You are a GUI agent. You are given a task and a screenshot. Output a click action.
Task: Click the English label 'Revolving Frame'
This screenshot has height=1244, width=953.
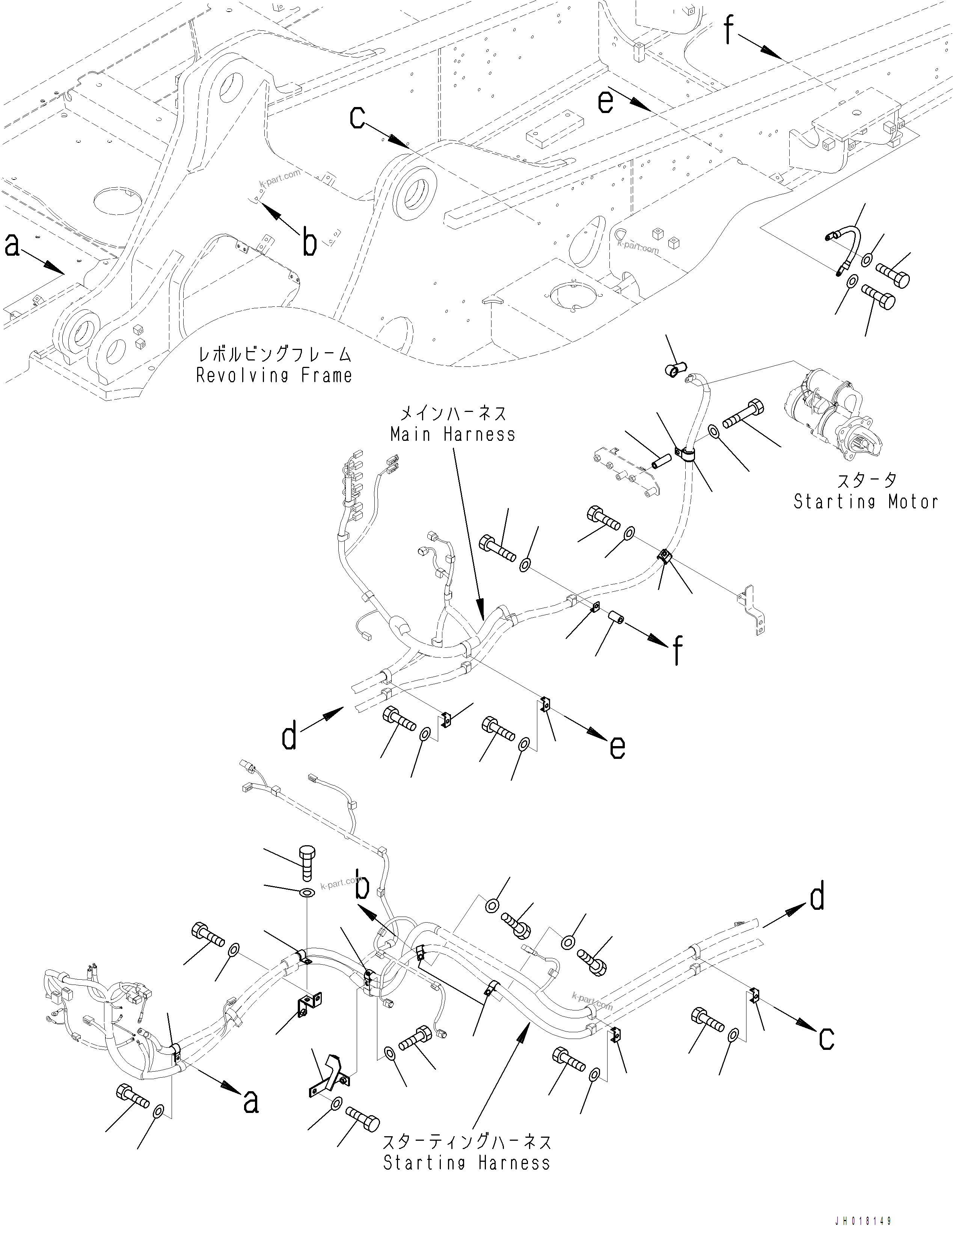click(274, 375)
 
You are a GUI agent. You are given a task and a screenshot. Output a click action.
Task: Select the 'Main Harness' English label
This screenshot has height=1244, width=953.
click(453, 434)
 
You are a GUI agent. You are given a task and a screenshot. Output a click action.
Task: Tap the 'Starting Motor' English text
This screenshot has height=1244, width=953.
click(865, 501)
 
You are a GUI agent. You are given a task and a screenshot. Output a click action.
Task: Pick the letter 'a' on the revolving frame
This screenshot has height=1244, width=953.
click(12, 245)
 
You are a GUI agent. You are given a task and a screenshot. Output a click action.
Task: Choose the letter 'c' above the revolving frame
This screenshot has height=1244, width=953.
click(357, 118)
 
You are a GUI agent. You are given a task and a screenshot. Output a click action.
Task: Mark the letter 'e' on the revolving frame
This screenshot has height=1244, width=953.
click(605, 102)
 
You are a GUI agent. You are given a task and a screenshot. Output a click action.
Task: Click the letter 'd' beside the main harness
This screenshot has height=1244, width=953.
click(289, 737)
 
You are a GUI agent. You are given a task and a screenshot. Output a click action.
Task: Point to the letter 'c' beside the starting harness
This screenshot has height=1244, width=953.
click(826, 1038)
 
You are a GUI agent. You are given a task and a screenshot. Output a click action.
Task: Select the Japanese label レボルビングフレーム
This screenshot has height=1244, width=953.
click(274, 355)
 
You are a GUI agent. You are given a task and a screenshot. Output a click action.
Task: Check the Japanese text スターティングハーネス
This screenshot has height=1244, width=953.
click(466, 1142)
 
